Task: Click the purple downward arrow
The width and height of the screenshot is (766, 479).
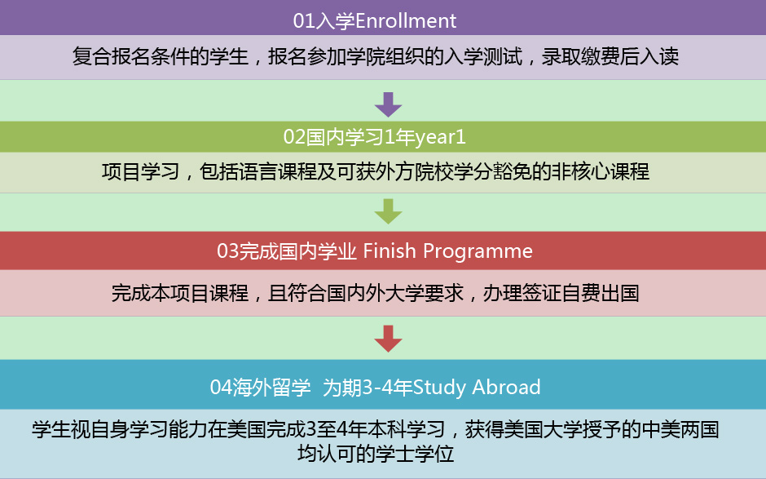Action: pyautogui.click(x=389, y=104)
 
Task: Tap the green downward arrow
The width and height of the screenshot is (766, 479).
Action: pyautogui.click(x=389, y=211)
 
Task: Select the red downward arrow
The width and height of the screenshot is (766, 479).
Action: pyautogui.click(x=389, y=339)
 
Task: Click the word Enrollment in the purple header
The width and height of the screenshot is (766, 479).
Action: pyautogui.click(x=406, y=21)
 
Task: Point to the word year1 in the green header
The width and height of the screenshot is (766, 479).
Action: pyautogui.click(x=440, y=137)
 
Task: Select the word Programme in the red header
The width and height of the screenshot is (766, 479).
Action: pyautogui.click(x=478, y=251)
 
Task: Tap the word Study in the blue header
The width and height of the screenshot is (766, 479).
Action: pyautogui.click(x=439, y=388)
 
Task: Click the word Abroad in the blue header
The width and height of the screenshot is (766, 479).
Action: pyautogui.click(x=507, y=387)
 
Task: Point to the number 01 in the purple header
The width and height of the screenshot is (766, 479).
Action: pyautogui.click(x=303, y=21)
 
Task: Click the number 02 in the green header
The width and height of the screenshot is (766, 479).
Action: pyautogui.click(x=294, y=137)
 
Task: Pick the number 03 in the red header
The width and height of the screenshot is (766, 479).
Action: pyautogui.click(x=227, y=251)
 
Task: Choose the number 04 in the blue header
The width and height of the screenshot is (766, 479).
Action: pyautogui.click(x=221, y=388)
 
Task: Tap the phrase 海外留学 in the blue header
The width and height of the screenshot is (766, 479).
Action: pyautogui.click(x=271, y=388)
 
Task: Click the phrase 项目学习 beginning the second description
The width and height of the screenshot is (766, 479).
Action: pyautogui.click(x=141, y=172)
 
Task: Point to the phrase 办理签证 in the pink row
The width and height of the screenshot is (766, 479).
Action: pyautogui.click(x=522, y=294)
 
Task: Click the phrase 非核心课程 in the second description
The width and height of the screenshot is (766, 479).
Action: pyautogui.click(x=601, y=172)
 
